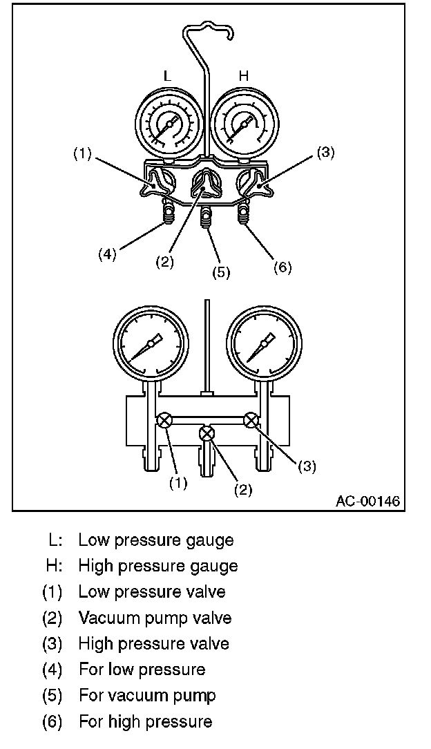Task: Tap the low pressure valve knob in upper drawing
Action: coord(160,184)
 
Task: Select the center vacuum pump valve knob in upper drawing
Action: coord(205,185)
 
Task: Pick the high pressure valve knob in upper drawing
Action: coord(249,184)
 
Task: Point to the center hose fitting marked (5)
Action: coord(205,218)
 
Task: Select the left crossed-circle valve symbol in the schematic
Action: coord(164,421)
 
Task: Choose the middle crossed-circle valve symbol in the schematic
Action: coord(207,434)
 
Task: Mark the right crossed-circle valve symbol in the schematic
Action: coord(251,420)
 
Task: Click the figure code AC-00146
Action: coord(367,500)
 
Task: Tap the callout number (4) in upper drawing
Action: coord(107,254)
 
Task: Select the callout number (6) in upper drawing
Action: coord(282,267)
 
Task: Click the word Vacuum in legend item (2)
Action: coord(109,618)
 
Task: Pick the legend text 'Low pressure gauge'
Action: coord(155,540)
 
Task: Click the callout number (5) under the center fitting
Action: coord(220,272)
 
